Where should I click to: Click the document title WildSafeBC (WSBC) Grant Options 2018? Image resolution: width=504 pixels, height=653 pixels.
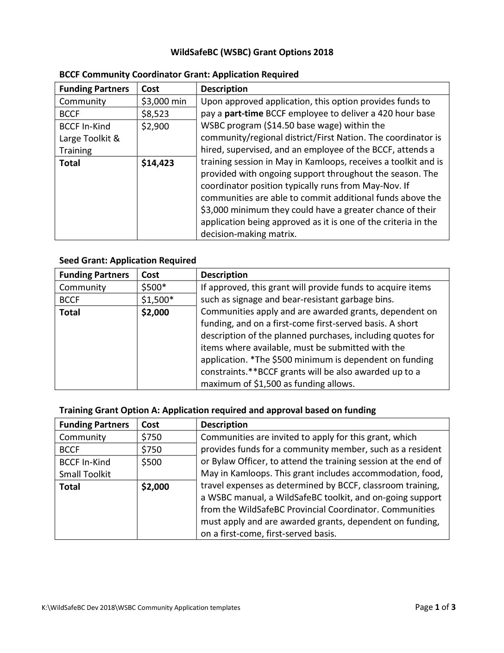(252, 52)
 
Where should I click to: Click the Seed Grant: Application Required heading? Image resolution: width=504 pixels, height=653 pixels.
(127, 260)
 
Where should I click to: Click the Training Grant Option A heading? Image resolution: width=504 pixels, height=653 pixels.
(217, 410)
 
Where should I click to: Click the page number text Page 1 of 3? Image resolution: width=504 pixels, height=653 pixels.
(435, 607)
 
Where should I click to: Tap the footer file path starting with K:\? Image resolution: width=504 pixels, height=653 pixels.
(141, 608)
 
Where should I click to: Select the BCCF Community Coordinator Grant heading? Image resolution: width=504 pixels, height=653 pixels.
(179, 74)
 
